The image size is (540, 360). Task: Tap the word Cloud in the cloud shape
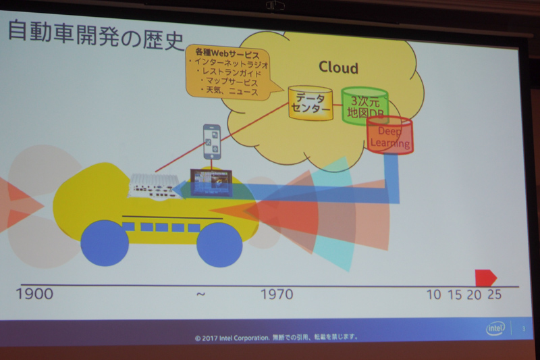point(338,68)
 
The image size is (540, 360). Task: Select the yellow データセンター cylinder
point(310,103)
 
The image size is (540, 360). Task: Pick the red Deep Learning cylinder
point(390,136)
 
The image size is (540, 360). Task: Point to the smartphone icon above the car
point(213,141)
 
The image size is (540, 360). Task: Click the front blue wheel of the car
point(219,244)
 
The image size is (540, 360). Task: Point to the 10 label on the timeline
point(435,294)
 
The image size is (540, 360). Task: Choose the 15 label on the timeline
point(454,294)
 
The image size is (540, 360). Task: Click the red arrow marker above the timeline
point(485,277)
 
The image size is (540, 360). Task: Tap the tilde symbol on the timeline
point(200,294)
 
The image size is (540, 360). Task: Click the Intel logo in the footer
point(495,329)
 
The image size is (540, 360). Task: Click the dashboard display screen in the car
point(211,181)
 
